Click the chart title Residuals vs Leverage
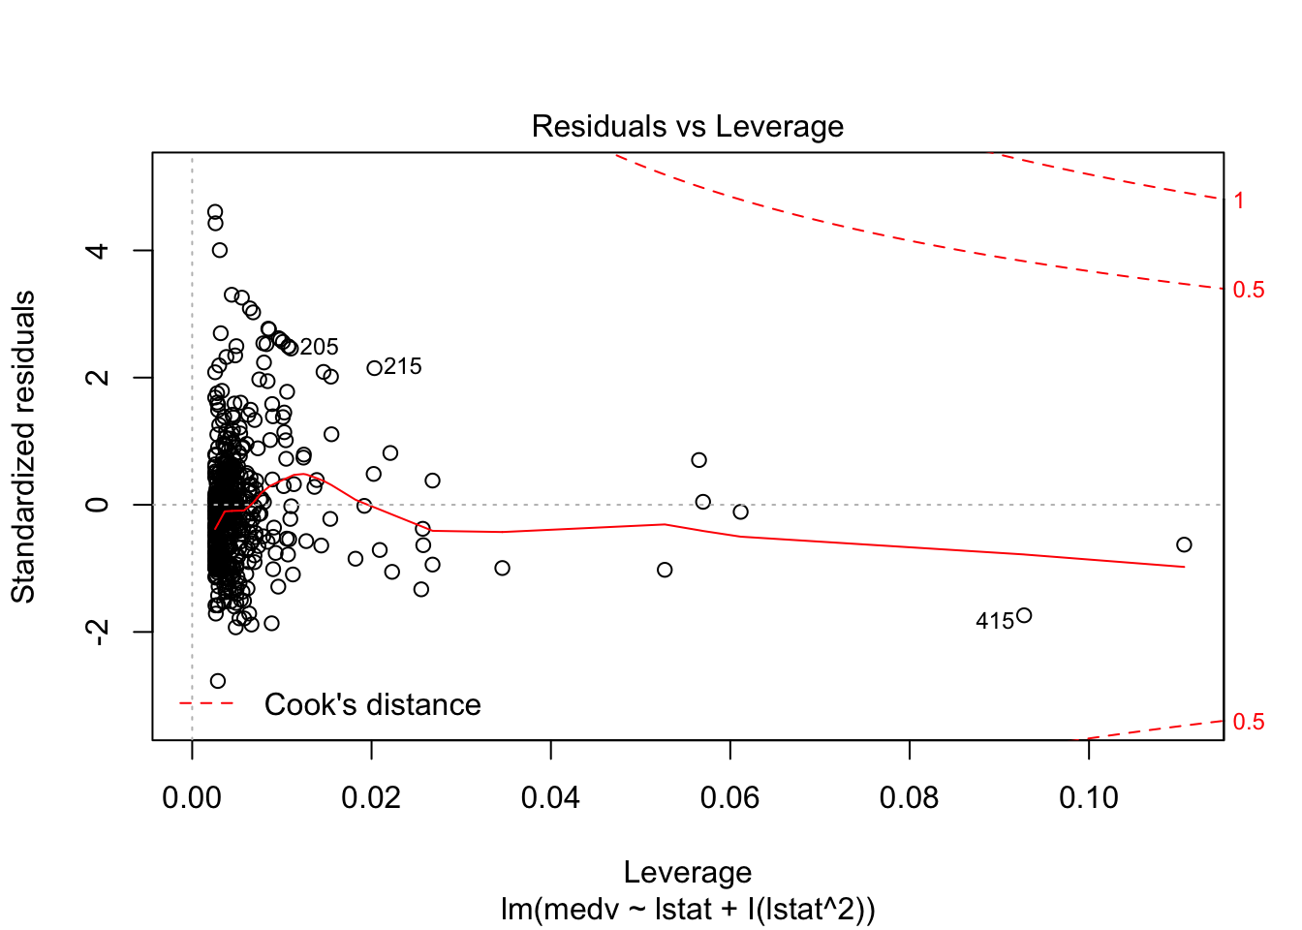pyautogui.click(x=687, y=127)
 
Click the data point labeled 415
pyautogui.click(x=1024, y=615)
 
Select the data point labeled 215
pyautogui.click(x=374, y=368)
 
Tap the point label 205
pyautogui.click(x=319, y=347)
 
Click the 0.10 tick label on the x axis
pyautogui.click(x=1088, y=798)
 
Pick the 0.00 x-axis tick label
pyautogui.click(x=192, y=798)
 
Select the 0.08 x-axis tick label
pyautogui.click(x=909, y=798)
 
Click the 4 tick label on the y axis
pyautogui.click(x=98, y=251)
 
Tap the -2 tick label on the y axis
pyautogui.click(x=98, y=632)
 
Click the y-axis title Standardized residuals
pyautogui.click(x=23, y=447)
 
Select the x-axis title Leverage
pyautogui.click(x=687, y=872)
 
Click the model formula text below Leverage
pyautogui.click(x=687, y=910)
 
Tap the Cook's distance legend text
pyautogui.click(x=372, y=704)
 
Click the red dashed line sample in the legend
pyautogui.click(x=206, y=703)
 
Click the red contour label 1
pyautogui.click(x=1239, y=201)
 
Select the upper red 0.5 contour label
pyautogui.click(x=1248, y=290)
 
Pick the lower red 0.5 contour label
pyautogui.click(x=1248, y=722)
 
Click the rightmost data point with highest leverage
pyautogui.click(x=1184, y=544)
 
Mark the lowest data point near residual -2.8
pyautogui.click(x=218, y=681)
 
